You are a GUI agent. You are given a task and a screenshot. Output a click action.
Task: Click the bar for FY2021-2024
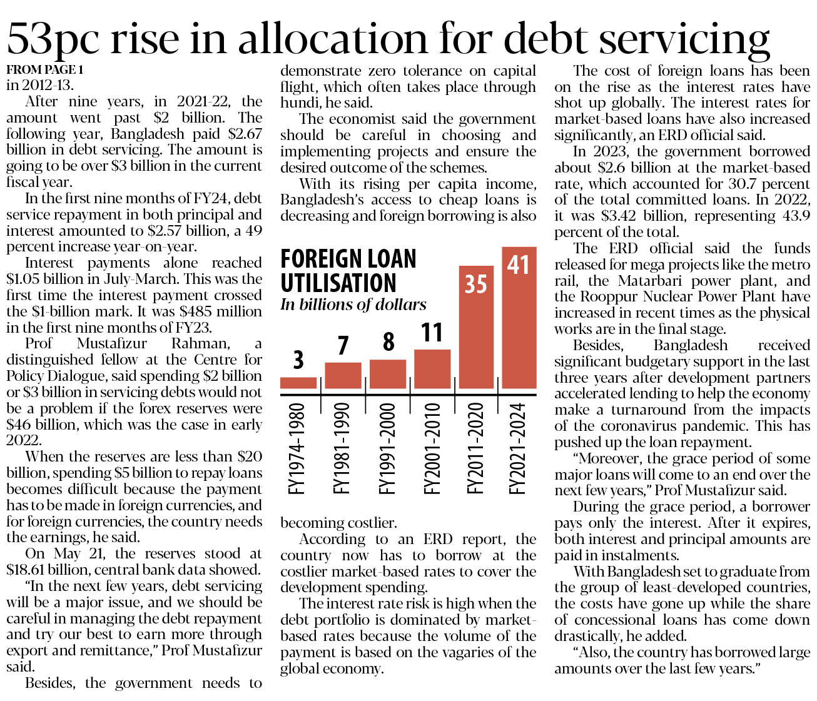(519, 331)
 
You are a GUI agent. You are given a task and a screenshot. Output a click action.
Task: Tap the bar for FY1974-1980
(298, 383)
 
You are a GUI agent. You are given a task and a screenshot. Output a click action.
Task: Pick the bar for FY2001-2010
(432, 369)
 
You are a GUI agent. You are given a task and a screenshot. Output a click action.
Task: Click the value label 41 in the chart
(519, 265)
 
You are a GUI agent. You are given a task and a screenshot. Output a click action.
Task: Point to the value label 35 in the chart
(476, 285)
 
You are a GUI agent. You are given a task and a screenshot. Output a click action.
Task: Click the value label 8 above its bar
(388, 342)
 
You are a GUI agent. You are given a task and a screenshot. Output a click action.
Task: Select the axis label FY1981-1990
(342, 448)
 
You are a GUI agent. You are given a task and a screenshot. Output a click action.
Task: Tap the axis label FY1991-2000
(387, 448)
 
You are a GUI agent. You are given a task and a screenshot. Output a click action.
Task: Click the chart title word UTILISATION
(338, 283)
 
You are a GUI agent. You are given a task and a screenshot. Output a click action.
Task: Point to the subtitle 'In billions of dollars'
(353, 305)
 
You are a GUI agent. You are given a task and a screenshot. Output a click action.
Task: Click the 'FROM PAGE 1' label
(44, 69)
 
